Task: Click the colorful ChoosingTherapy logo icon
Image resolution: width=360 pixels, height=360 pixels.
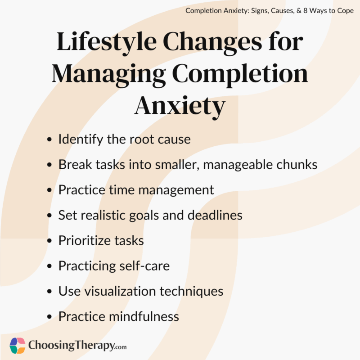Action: coord(17,346)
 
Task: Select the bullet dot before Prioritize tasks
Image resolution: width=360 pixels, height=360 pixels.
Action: coord(49,241)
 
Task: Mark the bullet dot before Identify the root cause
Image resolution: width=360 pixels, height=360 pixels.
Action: coord(49,140)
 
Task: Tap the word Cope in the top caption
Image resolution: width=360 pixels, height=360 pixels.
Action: coord(344,10)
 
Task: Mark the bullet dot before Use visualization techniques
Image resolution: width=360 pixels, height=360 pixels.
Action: coord(49,292)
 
